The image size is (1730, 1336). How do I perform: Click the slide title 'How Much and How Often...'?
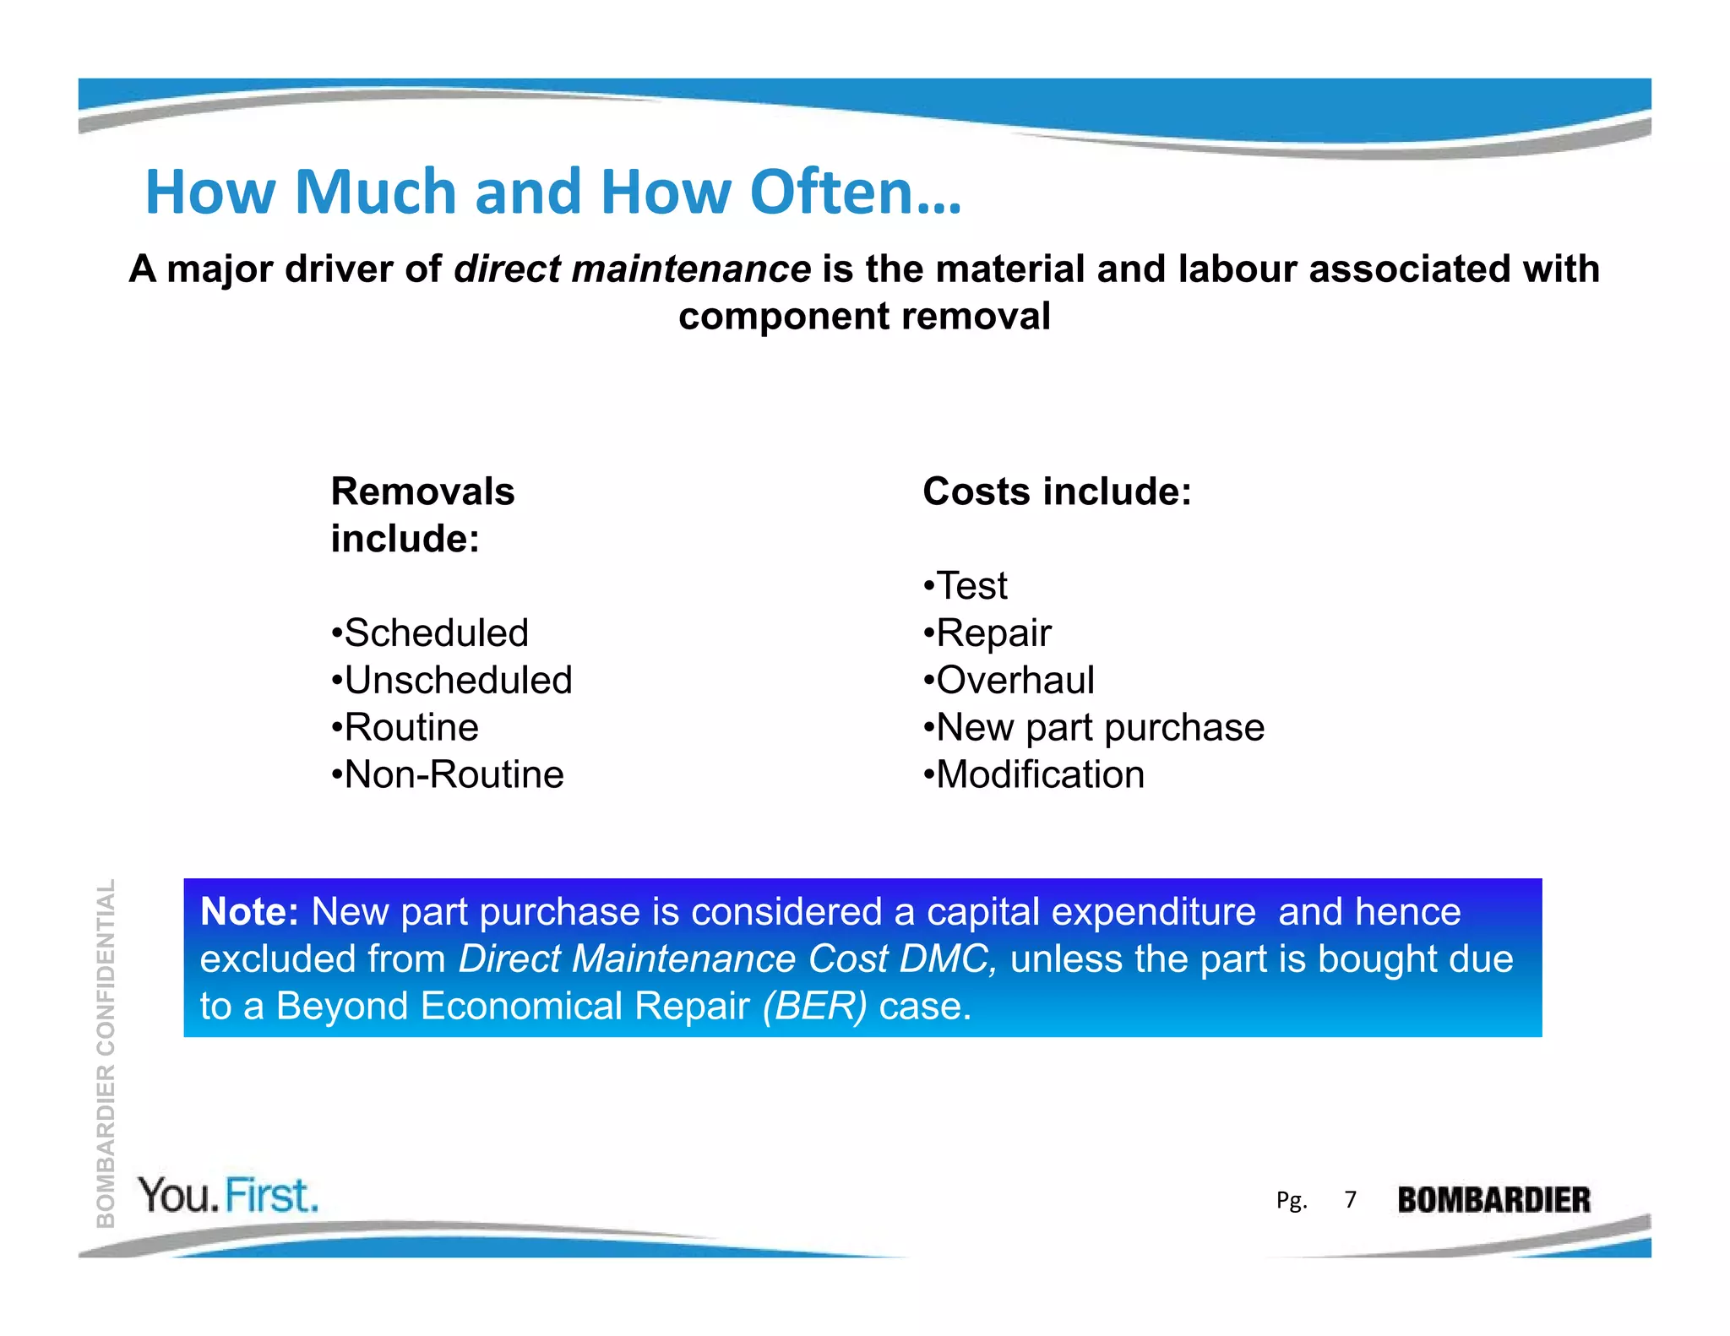point(553,193)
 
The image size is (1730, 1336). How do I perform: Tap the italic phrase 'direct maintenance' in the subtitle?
point(632,269)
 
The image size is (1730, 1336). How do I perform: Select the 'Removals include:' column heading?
point(422,514)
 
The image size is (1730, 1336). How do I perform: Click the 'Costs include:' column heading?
point(1057,491)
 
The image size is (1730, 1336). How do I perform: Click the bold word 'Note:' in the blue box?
point(249,912)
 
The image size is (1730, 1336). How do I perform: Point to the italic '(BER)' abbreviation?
point(814,1007)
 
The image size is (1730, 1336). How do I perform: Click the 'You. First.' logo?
point(228,1196)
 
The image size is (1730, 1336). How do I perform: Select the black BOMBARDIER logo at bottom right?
point(1493,1200)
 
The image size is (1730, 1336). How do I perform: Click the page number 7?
point(1351,1200)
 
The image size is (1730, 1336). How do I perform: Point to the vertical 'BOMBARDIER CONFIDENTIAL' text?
point(106,1053)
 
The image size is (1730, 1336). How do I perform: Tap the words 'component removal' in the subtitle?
point(864,317)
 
